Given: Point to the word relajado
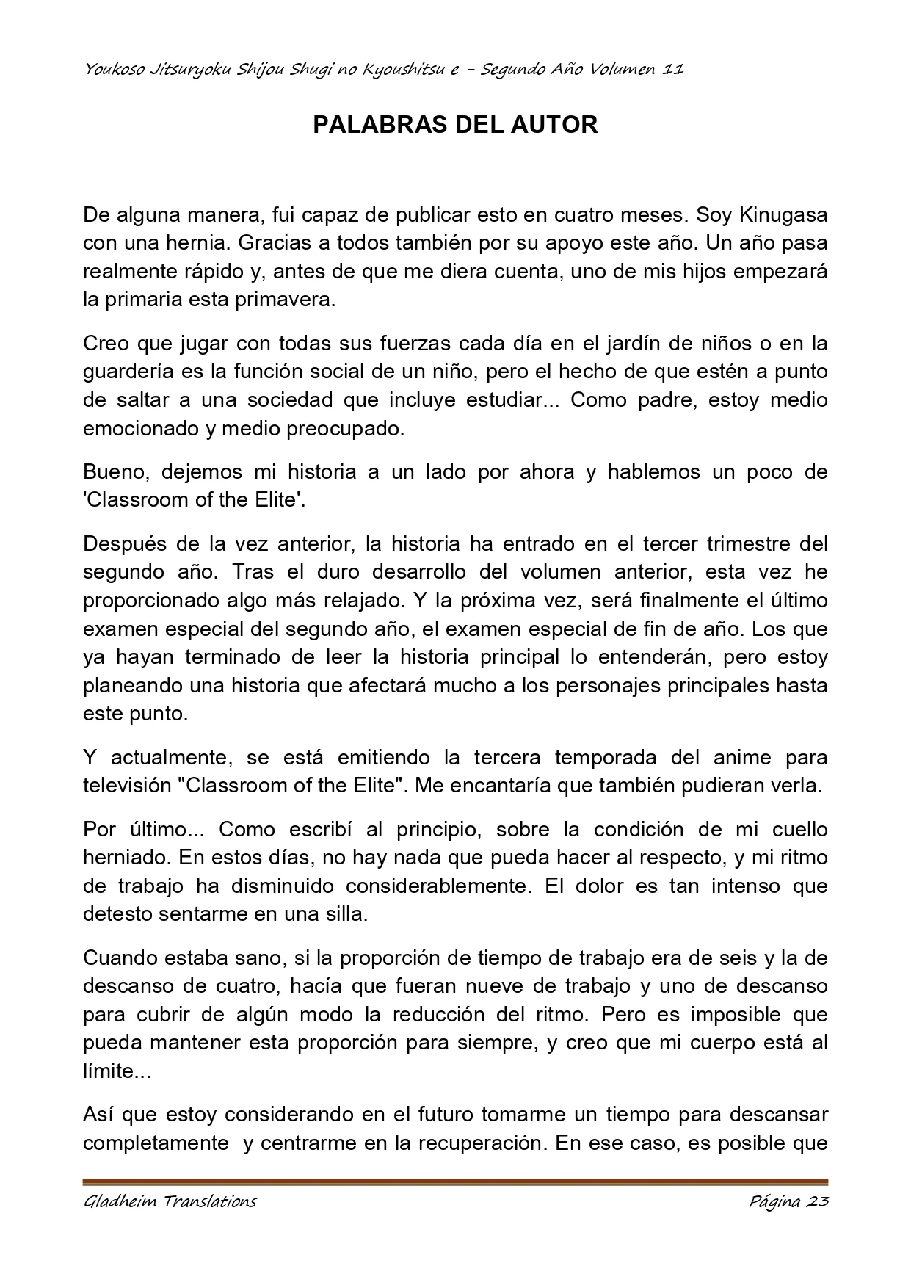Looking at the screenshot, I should click(x=364, y=600).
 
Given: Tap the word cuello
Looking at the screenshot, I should click(x=800, y=829).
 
